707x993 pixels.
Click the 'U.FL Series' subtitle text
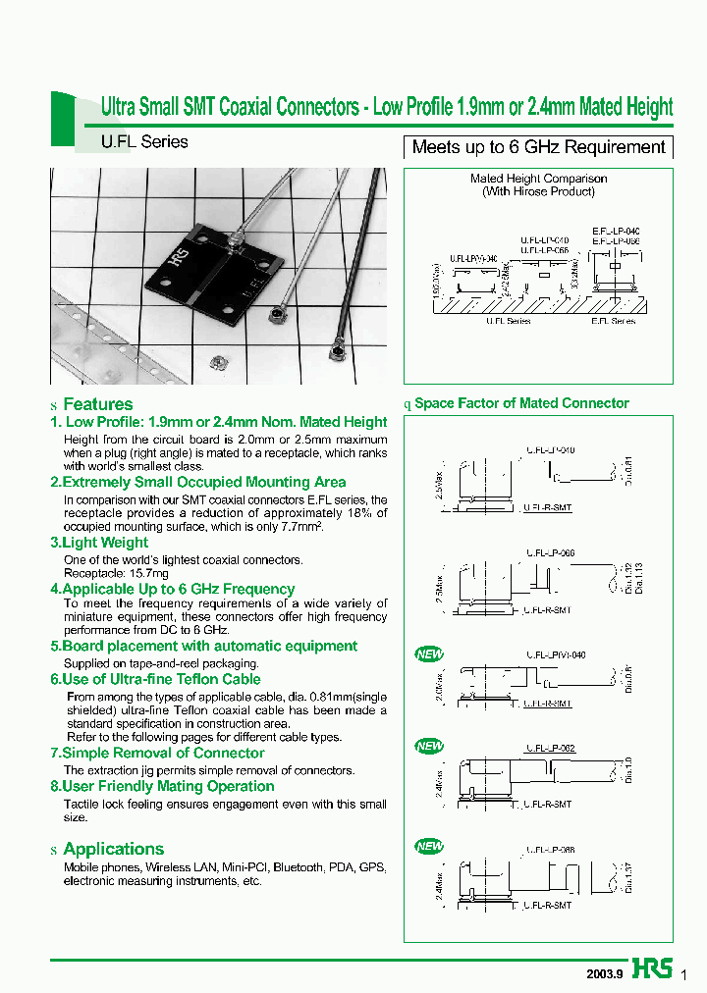[144, 141]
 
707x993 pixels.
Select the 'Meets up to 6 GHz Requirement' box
[538, 147]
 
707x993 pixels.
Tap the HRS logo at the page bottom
[653, 968]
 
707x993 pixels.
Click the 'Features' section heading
[97, 404]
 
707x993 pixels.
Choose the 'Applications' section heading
[113, 849]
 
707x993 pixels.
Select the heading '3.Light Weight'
[99, 542]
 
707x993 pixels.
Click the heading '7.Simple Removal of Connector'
[157, 753]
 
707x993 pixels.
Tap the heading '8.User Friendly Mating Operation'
[162, 786]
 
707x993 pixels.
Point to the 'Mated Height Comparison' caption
[538, 179]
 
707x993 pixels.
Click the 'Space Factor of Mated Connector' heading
[521, 403]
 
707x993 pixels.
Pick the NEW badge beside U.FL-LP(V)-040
[430, 654]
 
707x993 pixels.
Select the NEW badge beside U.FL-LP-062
[430, 747]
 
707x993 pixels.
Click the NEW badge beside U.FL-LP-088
[430, 846]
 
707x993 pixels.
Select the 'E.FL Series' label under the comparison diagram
[613, 321]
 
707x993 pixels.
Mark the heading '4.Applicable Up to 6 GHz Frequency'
[172, 589]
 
